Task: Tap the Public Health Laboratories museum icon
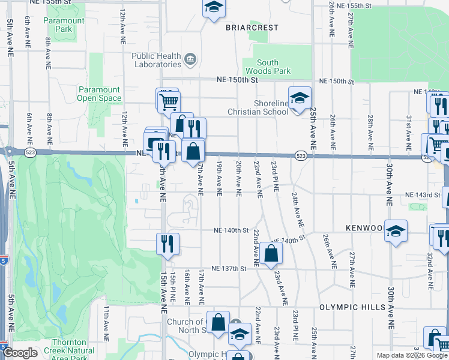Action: [x=190, y=59]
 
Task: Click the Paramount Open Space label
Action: [x=99, y=94]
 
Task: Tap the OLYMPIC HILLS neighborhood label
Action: [x=348, y=307]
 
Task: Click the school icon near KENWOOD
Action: [x=396, y=232]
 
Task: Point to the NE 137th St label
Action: [x=229, y=269]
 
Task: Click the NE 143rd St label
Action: [x=423, y=195]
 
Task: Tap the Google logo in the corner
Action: [x=20, y=353]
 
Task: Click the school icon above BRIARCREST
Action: [x=212, y=9]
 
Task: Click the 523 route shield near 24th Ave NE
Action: [x=301, y=156]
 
